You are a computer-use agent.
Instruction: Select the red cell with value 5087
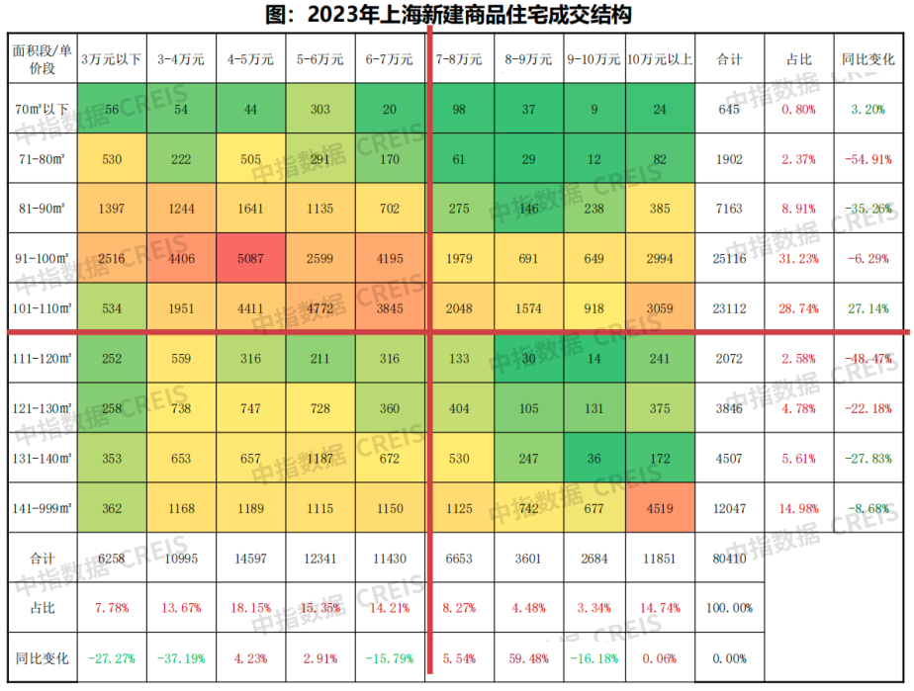tap(250, 258)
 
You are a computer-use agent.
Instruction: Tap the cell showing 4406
tap(181, 258)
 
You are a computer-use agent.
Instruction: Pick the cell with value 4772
tap(320, 307)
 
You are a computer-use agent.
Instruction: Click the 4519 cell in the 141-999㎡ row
tap(660, 508)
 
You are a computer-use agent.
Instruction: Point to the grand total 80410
tap(729, 559)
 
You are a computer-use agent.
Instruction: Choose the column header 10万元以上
tap(660, 59)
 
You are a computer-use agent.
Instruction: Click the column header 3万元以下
tap(111, 59)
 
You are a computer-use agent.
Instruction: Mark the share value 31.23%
tap(798, 258)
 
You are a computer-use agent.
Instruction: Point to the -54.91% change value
tap(868, 158)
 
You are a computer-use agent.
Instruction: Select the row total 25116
tap(729, 258)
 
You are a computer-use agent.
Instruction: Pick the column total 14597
tap(250, 559)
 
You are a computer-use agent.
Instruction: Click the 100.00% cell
tap(729, 607)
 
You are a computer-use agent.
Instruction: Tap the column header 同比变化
tap(868, 59)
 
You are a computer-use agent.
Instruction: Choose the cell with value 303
tap(320, 109)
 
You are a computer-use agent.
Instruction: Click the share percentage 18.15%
tap(250, 607)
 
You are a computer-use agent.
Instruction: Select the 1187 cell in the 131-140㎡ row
tap(320, 458)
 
